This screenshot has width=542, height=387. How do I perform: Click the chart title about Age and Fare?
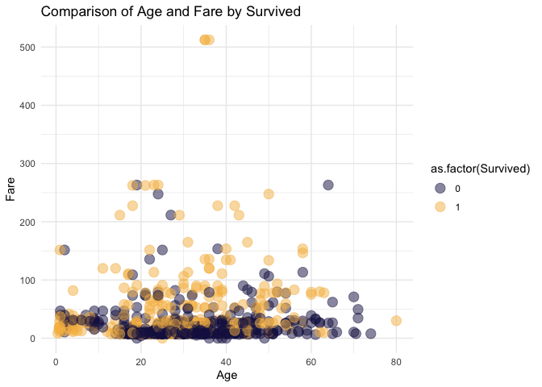click(x=171, y=12)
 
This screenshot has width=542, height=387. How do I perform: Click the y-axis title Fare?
click(x=10, y=189)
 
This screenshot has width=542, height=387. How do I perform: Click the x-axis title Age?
click(x=227, y=376)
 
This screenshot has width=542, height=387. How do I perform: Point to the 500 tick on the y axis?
click(x=27, y=48)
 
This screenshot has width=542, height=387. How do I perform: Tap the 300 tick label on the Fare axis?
click(x=27, y=164)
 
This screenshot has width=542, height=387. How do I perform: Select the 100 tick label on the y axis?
click(x=27, y=281)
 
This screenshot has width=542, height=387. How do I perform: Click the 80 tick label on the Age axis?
click(x=396, y=362)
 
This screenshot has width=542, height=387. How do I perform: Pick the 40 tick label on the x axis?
click(x=226, y=362)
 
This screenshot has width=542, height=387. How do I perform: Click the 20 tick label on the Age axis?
click(x=141, y=362)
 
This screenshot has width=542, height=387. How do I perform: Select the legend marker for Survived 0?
click(x=440, y=189)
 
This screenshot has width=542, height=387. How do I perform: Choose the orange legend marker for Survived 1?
click(x=440, y=207)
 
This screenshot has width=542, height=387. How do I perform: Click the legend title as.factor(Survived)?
click(x=480, y=169)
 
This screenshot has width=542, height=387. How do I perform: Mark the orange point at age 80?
click(x=396, y=321)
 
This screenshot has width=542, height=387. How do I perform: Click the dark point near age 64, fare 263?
click(x=328, y=185)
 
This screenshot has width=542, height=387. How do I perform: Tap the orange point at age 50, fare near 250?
click(x=269, y=194)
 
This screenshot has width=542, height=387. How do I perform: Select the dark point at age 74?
click(x=370, y=334)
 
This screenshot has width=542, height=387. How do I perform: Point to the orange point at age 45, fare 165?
click(x=247, y=242)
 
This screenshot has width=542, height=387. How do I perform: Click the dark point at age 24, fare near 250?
click(x=158, y=194)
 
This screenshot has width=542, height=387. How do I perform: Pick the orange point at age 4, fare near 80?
click(x=73, y=290)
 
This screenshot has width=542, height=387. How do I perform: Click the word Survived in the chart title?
click(x=273, y=12)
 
